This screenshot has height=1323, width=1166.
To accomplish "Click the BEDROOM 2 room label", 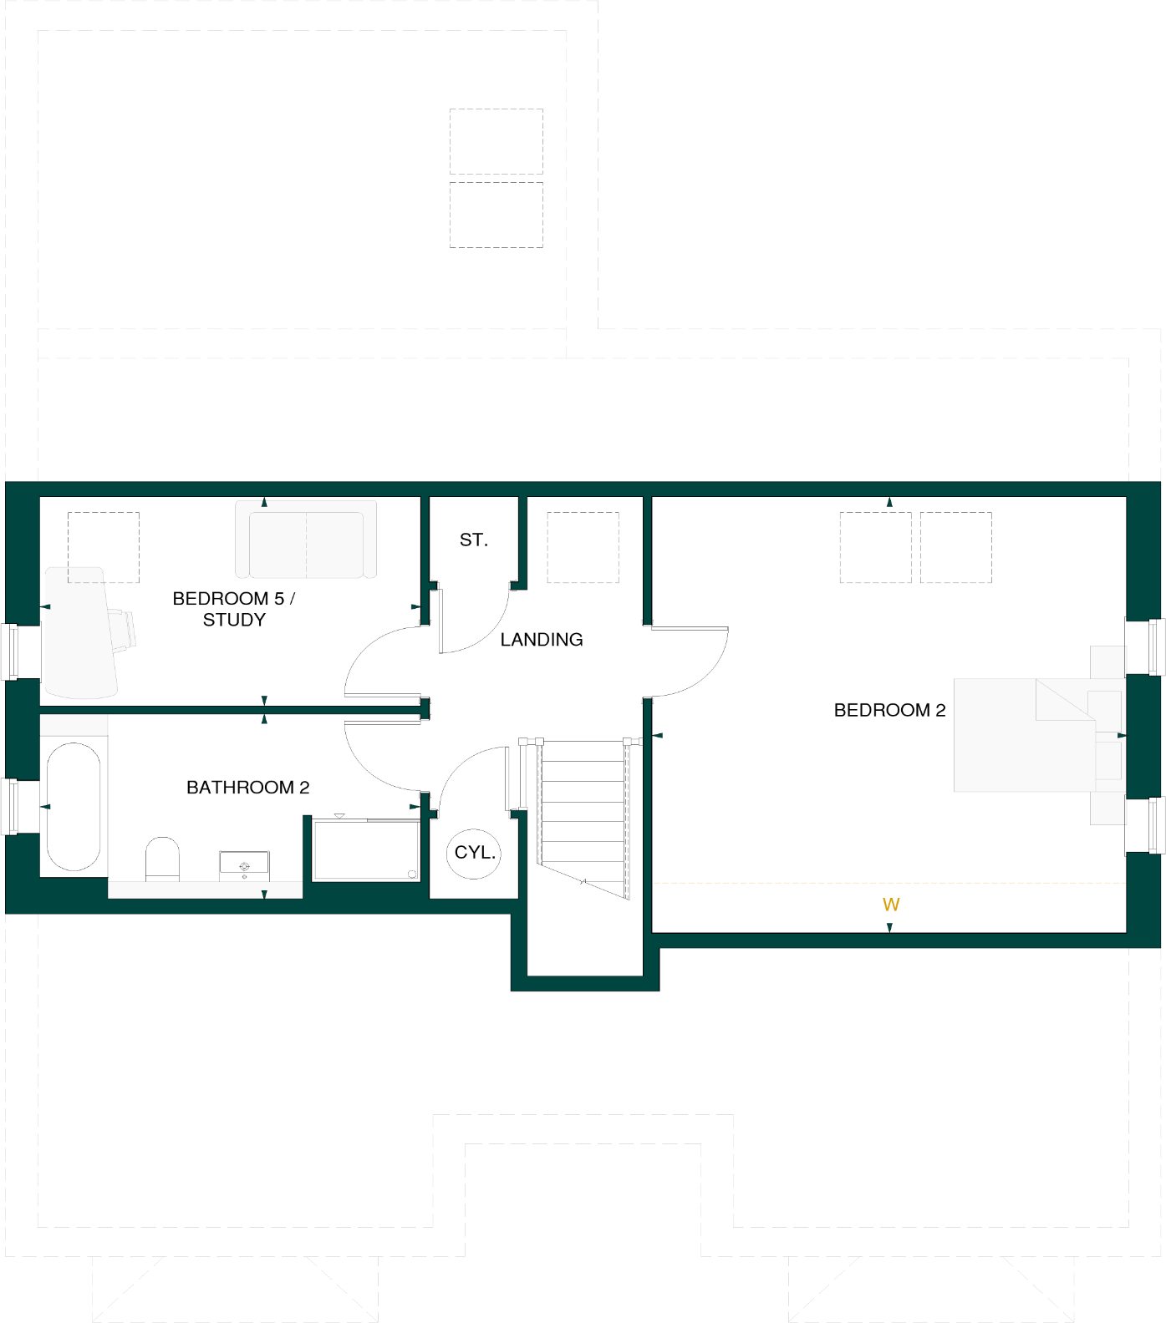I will tap(889, 710).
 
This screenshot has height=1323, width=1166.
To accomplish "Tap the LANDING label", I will tap(542, 640).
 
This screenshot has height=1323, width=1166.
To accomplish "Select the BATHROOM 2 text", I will tap(247, 787).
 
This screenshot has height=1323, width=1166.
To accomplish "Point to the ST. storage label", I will tap(473, 540).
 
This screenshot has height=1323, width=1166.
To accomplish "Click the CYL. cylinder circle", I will tap(474, 853).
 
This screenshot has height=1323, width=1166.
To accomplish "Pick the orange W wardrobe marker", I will tap(891, 905).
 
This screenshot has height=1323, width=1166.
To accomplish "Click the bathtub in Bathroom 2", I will tap(74, 807).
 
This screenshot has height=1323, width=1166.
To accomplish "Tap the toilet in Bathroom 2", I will tap(162, 859).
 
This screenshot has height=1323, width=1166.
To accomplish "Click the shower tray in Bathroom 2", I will tap(366, 849).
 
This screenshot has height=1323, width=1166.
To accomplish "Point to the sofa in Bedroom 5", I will tap(306, 540).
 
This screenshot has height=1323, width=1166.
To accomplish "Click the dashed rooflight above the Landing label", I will tap(583, 547).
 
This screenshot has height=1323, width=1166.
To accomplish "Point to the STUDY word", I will tap(234, 620).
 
